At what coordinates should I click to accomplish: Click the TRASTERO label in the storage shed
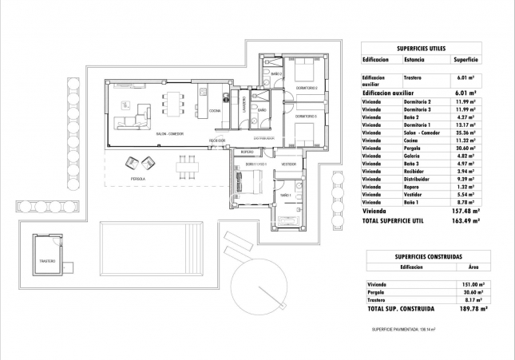click(47, 261)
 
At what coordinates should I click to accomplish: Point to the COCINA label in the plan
click(214, 111)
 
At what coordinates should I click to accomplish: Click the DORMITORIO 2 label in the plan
click(307, 88)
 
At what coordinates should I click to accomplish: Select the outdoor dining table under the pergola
click(187, 166)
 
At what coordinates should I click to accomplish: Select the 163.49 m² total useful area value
click(465, 220)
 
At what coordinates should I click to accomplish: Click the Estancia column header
click(414, 59)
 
